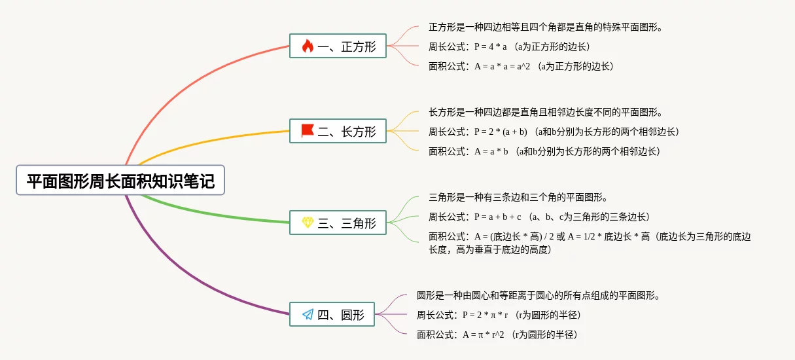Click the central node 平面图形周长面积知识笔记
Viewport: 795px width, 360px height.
coord(120,180)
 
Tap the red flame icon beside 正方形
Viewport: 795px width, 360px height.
coord(308,46)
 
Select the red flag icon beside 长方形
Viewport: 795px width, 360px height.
coord(308,131)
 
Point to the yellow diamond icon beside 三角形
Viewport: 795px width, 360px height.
coord(308,223)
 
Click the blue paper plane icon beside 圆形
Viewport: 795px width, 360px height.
coord(308,314)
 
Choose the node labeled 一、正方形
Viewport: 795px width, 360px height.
coord(338,46)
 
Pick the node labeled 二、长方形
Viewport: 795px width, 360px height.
coord(338,131)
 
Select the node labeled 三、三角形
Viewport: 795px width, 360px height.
coord(338,223)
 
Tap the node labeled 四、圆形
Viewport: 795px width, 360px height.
coord(332,314)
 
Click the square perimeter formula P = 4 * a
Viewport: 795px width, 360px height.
coord(491,46)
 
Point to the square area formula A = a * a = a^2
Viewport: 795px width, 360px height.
coord(503,66)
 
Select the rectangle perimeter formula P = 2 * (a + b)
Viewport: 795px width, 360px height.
coord(501,132)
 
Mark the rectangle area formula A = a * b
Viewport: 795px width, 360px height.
coord(491,152)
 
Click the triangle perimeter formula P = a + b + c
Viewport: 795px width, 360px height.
coord(497,217)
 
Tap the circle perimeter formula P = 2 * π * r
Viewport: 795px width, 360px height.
coord(485,315)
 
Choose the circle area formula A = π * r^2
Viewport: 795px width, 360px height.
coord(484,334)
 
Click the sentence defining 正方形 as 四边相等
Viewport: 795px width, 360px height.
coord(546,27)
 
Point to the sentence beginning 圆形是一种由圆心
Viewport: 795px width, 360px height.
coord(539,295)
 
